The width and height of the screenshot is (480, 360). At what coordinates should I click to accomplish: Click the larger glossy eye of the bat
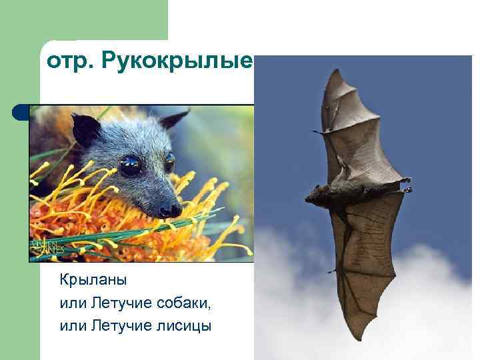click(x=130, y=165)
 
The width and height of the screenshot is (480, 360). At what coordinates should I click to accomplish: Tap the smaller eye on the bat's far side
click(x=169, y=161)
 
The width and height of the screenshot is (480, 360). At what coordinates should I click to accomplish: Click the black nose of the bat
click(x=170, y=210)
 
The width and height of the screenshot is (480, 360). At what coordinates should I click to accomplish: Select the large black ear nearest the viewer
click(x=86, y=130)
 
